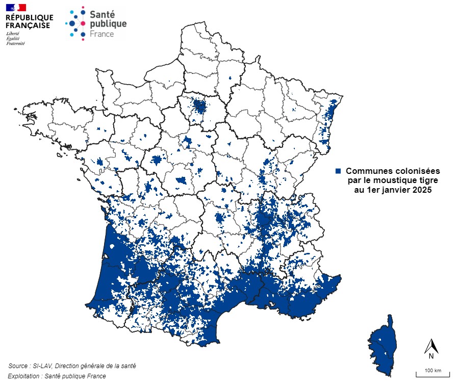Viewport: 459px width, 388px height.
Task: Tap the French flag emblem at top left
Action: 16,7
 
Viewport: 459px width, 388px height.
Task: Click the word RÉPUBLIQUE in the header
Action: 29,17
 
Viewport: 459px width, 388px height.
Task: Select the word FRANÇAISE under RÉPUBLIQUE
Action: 28,25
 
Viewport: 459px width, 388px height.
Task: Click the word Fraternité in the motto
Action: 15,43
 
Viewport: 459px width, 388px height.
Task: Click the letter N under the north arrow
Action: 431,356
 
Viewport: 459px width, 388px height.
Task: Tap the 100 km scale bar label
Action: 432,370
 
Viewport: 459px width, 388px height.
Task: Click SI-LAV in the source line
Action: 42,366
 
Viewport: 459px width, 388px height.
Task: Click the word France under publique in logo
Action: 101,34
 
